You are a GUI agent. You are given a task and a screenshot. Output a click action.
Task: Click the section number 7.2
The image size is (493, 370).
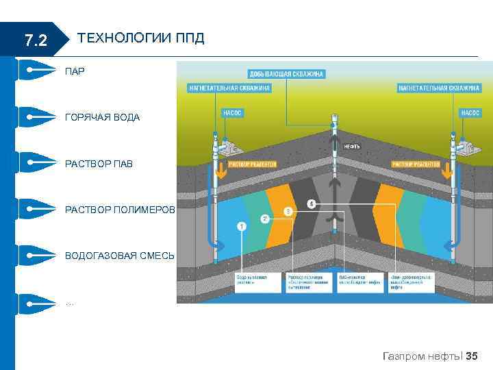35,41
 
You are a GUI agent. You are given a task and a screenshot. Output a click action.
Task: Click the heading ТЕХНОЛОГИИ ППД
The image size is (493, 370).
142,38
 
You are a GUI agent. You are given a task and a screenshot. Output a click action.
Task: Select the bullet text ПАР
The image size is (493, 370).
75,71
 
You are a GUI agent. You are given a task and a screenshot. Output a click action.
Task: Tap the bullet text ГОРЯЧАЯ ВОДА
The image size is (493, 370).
102,118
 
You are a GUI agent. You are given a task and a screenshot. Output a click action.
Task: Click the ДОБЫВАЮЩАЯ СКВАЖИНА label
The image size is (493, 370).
286,73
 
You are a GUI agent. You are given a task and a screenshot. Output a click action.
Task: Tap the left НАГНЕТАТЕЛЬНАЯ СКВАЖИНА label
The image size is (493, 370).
229,88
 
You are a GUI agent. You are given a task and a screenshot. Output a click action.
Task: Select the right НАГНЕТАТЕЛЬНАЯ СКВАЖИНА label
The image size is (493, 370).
439,88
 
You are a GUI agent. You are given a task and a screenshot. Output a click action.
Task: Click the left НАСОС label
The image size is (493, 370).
233,112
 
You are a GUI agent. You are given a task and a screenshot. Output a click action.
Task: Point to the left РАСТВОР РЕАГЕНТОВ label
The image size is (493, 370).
252,164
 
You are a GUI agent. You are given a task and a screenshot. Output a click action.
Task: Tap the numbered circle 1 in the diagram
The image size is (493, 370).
242,225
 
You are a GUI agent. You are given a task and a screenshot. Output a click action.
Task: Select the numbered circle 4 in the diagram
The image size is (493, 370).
312,203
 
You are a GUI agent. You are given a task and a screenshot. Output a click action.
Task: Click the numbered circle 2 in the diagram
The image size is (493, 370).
264,219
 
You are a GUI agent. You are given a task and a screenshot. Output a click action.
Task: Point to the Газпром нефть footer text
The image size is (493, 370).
420,356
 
